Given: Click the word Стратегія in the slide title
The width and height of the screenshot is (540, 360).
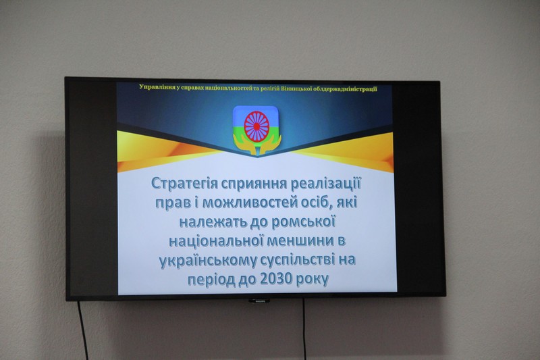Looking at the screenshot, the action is point(184,184).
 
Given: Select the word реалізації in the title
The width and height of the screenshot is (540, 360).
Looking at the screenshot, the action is point(326,184).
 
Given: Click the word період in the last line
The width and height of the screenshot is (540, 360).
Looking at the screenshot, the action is point(211,280).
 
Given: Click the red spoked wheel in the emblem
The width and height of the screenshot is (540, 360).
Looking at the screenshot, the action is point(256,126).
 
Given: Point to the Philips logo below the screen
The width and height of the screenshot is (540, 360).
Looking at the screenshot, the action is point(259,301).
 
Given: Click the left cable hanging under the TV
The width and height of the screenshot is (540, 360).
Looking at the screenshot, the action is point(82,331).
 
